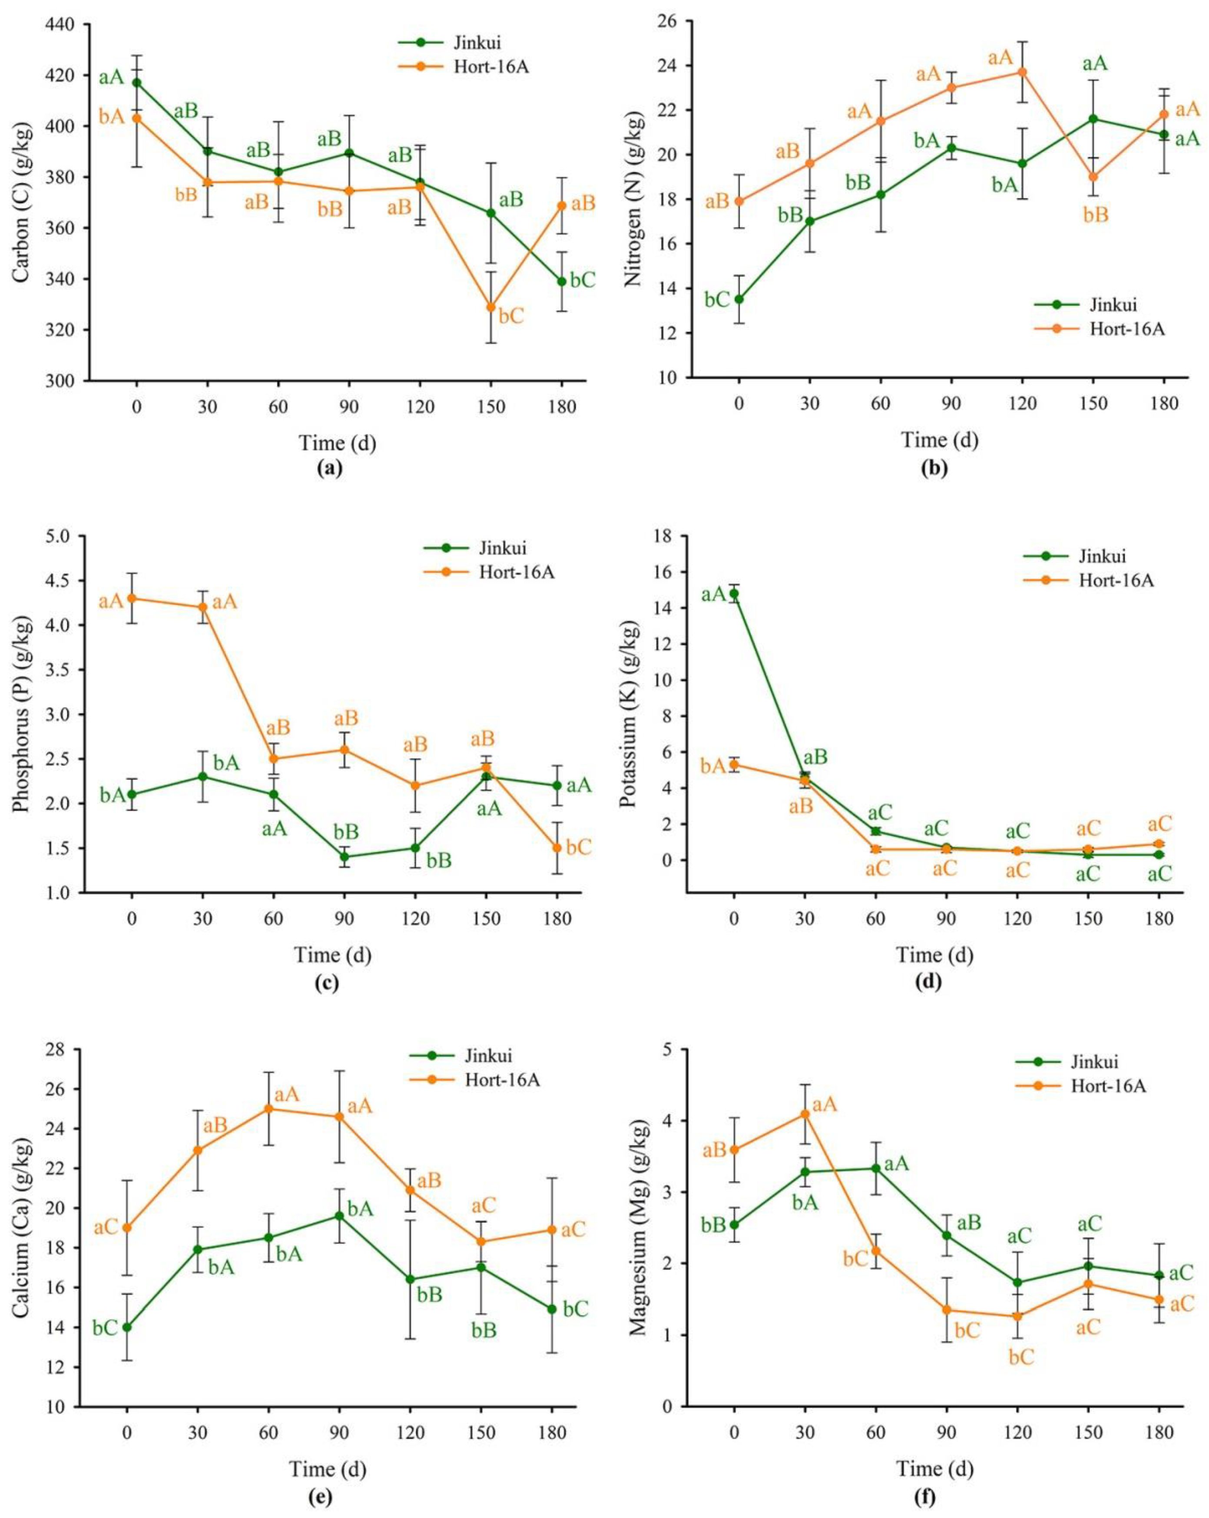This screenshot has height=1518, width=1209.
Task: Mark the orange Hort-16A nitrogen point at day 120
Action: click(x=1022, y=72)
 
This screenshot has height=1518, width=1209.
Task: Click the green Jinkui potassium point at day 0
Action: click(x=735, y=594)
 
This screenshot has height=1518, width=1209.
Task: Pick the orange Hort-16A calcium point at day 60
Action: click(x=268, y=1109)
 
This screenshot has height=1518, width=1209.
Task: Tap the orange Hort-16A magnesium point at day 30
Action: click(x=805, y=1114)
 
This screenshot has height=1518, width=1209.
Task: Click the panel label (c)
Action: click(x=326, y=983)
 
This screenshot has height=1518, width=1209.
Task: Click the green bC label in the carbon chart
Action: click(x=582, y=280)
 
